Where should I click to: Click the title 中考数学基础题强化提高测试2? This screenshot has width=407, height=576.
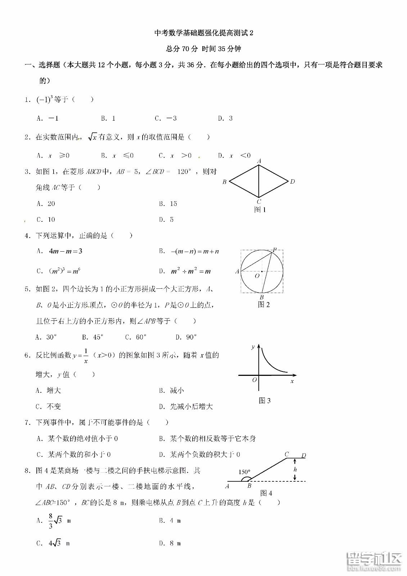(204, 33)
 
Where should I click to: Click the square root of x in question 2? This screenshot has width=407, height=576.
(93, 137)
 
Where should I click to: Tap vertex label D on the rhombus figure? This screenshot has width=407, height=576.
(292, 181)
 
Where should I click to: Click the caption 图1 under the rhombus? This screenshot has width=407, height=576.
(260, 210)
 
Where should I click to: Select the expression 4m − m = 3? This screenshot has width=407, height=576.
(65, 251)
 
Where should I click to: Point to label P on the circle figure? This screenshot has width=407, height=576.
(275, 249)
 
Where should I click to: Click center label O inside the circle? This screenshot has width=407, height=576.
(257, 276)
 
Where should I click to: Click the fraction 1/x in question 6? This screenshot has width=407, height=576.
(86, 356)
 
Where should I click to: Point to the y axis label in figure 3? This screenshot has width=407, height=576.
(253, 346)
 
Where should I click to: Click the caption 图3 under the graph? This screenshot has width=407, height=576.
(264, 400)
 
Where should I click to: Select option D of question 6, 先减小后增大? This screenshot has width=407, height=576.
(191, 406)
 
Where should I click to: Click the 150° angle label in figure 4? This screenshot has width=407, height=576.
(244, 472)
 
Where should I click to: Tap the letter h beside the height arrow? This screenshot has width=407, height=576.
(295, 469)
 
